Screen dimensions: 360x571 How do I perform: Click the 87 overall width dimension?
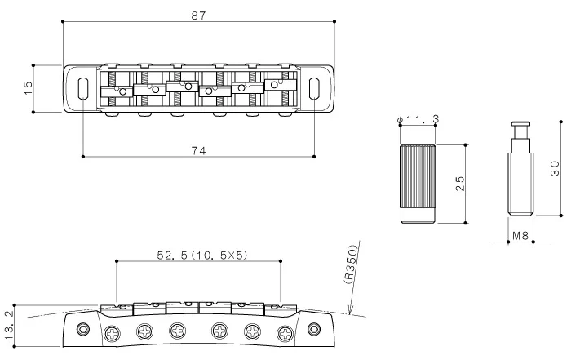(197, 14)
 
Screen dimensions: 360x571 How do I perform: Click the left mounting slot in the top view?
(82, 88)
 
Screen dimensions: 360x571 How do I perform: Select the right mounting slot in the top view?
(314, 88)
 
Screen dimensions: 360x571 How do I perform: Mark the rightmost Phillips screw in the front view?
(285, 332)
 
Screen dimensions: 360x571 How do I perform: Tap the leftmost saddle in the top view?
(115, 91)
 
